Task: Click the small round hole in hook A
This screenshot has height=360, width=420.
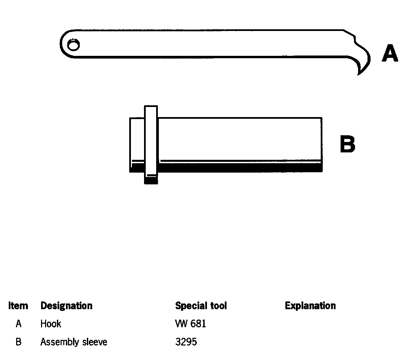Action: [x=73, y=45]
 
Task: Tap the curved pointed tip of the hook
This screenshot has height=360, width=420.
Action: [x=360, y=71]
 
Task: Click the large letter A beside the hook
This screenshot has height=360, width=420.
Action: [x=390, y=54]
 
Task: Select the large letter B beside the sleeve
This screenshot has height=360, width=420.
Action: [x=347, y=144]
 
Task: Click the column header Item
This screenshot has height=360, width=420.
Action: [x=18, y=306]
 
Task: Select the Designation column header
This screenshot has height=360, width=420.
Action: [x=66, y=306]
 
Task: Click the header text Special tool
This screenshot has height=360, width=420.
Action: [x=201, y=306]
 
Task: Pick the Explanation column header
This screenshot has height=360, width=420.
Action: [x=310, y=306]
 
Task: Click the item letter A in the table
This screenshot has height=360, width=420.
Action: [x=19, y=324]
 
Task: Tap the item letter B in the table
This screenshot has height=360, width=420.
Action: [x=19, y=342]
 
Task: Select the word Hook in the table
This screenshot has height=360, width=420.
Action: [x=50, y=324]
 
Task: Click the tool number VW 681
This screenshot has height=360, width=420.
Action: [x=190, y=324]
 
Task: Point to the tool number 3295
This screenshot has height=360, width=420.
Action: [x=186, y=342]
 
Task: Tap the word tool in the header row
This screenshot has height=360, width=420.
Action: [x=218, y=306]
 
